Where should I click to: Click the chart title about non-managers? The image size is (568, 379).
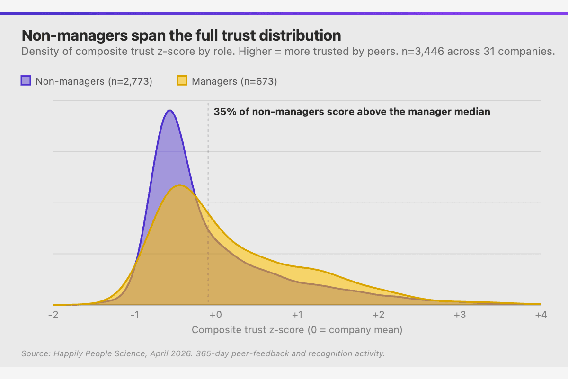pyautogui.click(x=181, y=36)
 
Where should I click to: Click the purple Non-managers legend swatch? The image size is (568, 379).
pyautogui.click(x=26, y=81)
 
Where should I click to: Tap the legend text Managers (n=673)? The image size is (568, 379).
pyautogui.click(x=234, y=81)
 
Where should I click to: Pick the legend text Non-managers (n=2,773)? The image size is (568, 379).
pyautogui.click(x=94, y=81)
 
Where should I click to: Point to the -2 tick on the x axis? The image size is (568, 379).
pyautogui.click(x=53, y=315)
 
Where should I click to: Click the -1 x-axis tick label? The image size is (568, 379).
pyautogui.click(x=134, y=315)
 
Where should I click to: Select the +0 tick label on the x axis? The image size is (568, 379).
pyautogui.click(x=216, y=315)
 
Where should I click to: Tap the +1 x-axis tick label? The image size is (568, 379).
pyautogui.click(x=297, y=315)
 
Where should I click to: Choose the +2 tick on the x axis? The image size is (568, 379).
pyautogui.click(x=378, y=315)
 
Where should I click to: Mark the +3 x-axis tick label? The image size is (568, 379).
pyautogui.click(x=459, y=315)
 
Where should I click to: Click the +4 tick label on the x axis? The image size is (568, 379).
pyautogui.click(x=540, y=315)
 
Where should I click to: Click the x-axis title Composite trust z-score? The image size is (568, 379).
pyautogui.click(x=297, y=330)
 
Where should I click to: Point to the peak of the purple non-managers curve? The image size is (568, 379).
pyautogui.click(x=169, y=111)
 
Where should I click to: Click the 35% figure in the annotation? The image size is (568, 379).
pyautogui.click(x=223, y=112)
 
